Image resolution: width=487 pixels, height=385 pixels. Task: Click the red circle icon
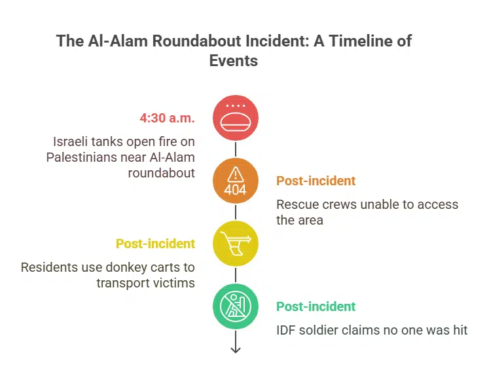click(x=236, y=118)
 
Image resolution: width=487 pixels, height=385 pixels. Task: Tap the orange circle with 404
click(x=236, y=181)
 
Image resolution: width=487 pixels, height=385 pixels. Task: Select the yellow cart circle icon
click(x=236, y=244)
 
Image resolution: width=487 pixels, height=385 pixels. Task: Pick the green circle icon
click(x=236, y=306)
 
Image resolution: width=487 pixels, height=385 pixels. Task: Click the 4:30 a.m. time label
click(x=167, y=118)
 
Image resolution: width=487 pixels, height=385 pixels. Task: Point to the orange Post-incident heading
click(x=316, y=181)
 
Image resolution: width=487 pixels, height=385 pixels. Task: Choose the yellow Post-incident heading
click(x=155, y=244)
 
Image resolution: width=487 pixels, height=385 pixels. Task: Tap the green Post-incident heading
click(x=316, y=306)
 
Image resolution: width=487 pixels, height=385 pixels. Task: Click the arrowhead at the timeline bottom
click(x=236, y=350)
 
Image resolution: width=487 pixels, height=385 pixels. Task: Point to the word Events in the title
click(x=234, y=61)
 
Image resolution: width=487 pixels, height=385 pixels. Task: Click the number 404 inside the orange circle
click(x=236, y=189)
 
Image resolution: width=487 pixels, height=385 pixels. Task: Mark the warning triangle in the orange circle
click(x=236, y=174)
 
